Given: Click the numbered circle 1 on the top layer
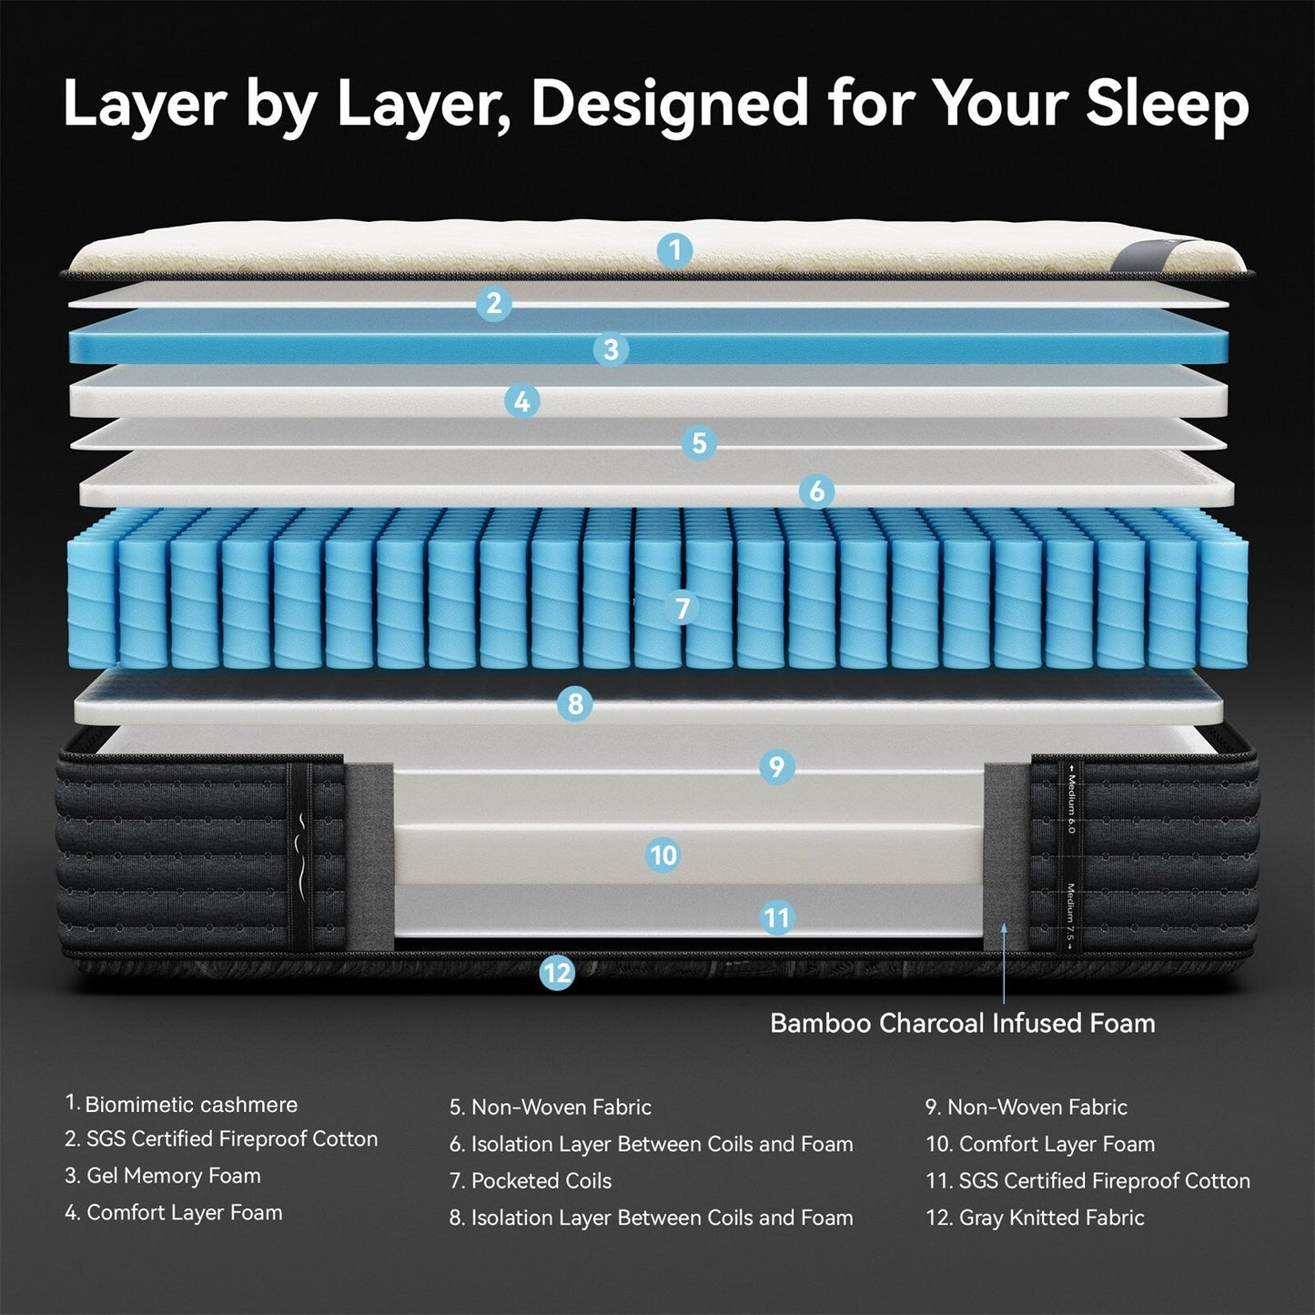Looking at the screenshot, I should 674,249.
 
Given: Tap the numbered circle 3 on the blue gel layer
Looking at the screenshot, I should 611,349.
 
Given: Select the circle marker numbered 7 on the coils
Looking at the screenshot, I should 682,607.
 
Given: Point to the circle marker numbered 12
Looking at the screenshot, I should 557,973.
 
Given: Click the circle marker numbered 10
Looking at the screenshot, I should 663,855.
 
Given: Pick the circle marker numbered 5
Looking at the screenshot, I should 699,443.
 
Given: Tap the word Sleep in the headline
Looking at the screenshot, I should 1168,104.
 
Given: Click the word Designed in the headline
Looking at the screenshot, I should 670,104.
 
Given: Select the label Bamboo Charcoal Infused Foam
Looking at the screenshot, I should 962,1023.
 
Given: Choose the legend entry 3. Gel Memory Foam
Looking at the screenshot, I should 163,1176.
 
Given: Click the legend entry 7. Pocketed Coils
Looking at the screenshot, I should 531,1180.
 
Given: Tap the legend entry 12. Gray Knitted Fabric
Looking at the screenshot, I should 1035,1218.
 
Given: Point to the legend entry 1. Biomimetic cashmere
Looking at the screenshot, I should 181,1104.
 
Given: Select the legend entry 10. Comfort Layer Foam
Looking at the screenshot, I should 1040,1144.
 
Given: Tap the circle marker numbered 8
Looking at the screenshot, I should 574,703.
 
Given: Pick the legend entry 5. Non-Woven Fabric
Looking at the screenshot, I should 551,1108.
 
